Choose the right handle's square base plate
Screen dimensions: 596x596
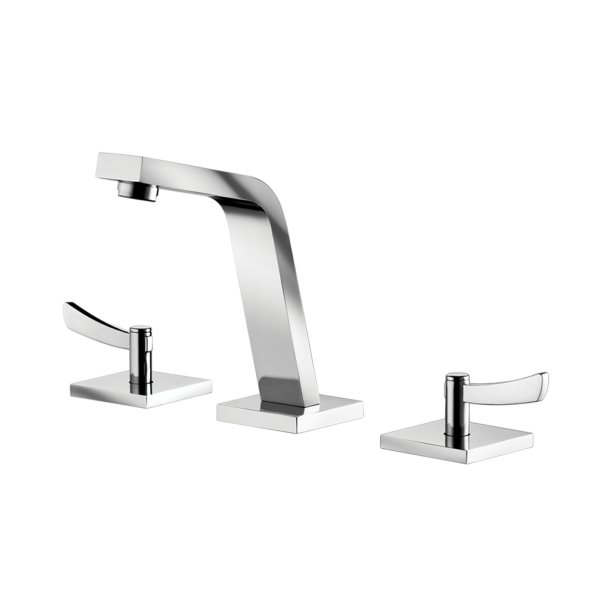pos(456,444)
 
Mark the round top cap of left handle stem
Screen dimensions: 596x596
pos(141,329)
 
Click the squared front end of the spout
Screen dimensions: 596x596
pos(118,166)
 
